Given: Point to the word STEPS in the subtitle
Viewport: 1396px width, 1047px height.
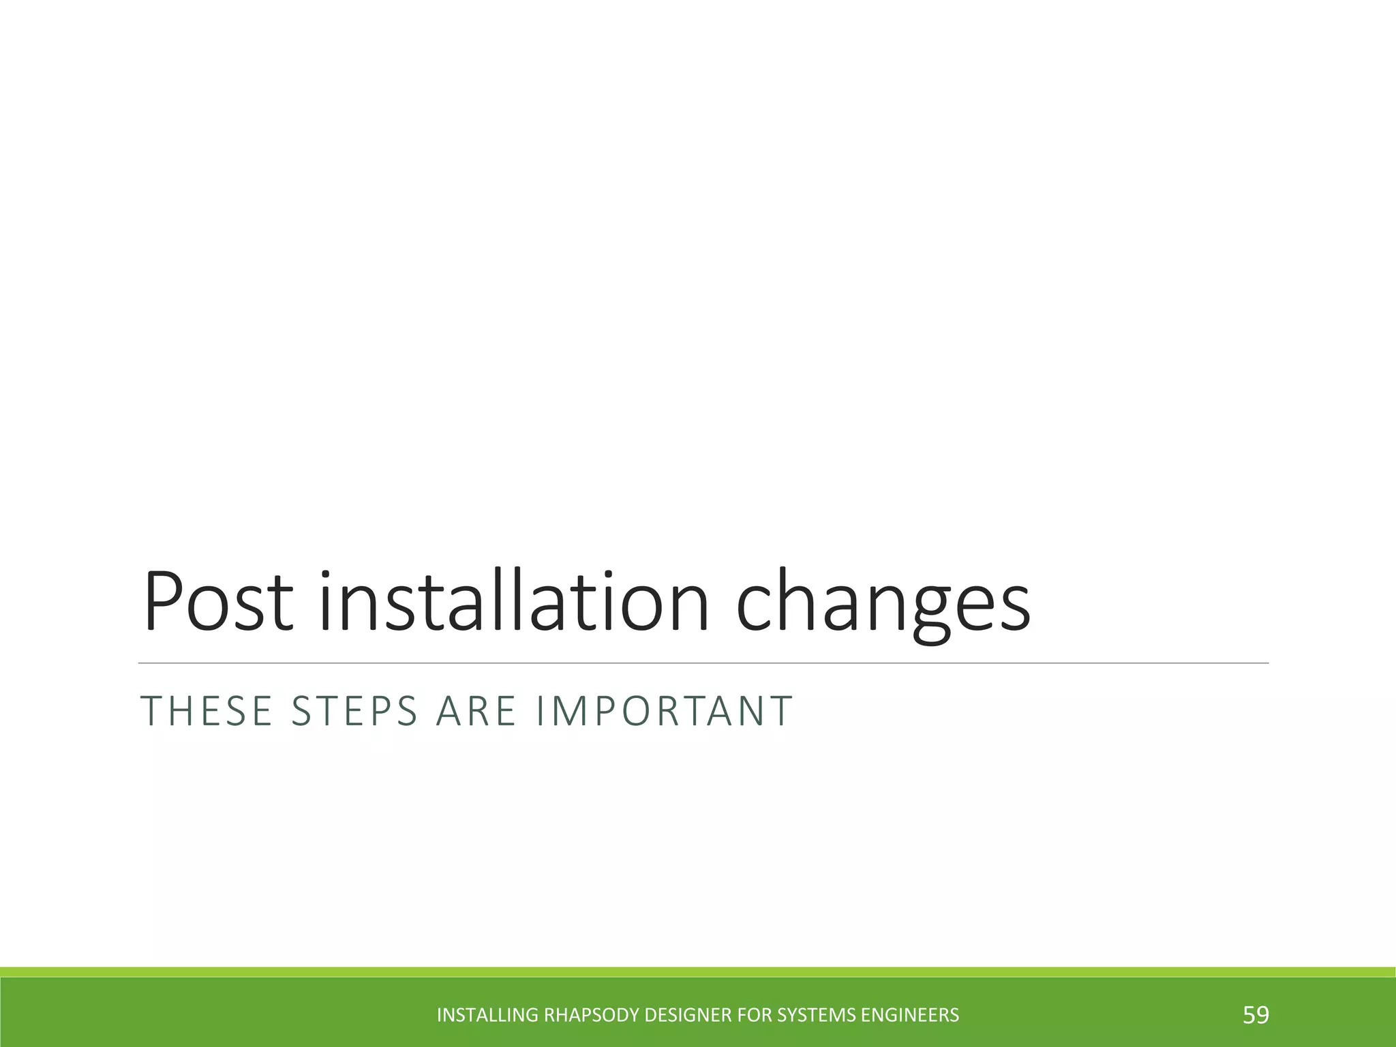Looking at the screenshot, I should pyautogui.click(x=354, y=711).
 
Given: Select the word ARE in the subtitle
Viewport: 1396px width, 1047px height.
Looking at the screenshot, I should pyautogui.click(x=476, y=711).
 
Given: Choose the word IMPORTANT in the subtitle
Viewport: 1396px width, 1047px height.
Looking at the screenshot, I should pyautogui.click(x=665, y=711).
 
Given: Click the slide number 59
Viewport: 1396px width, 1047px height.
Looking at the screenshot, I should pyautogui.click(x=1256, y=1015).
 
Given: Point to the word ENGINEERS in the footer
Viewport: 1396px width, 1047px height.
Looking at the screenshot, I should pyautogui.click(x=910, y=1016).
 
